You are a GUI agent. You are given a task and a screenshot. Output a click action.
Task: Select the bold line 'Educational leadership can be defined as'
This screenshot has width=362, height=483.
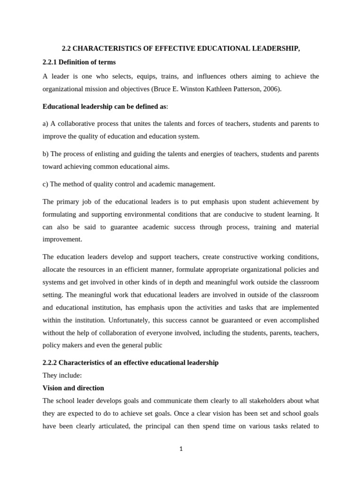[x=104, y=106]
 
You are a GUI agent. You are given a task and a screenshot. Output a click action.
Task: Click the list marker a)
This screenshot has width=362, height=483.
[x=45, y=124]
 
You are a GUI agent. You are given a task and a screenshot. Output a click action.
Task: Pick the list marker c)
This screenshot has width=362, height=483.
[x=45, y=184]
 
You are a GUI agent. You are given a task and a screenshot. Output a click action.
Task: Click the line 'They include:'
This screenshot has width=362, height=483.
[x=62, y=375]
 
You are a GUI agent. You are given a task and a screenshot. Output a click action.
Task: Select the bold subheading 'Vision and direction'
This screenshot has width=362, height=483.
[x=73, y=388]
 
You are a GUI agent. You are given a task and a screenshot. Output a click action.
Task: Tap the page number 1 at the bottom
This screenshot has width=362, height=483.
[x=181, y=449]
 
